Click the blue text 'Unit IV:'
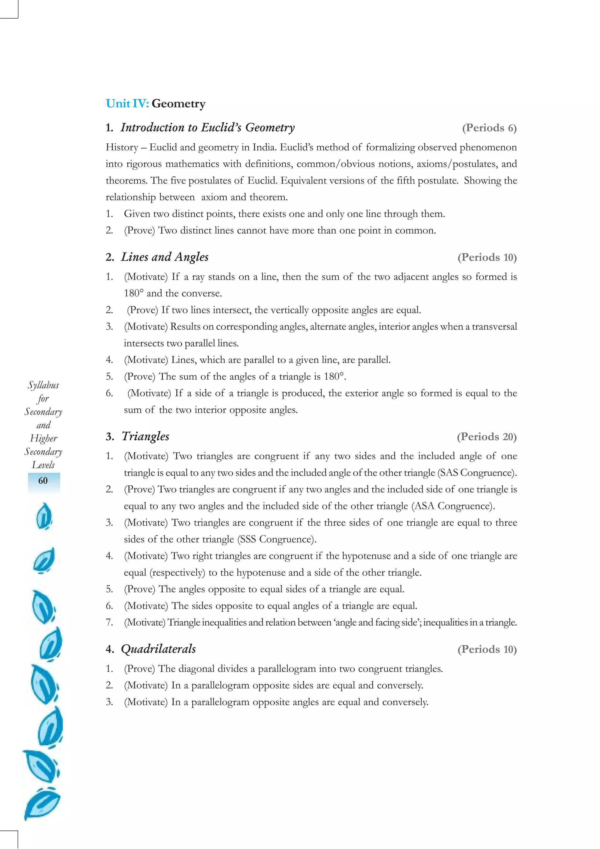[x=127, y=103]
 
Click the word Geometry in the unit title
[x=178, y=104]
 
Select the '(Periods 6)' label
[x=489, y=128]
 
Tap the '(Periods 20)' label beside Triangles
[x=487, y=437]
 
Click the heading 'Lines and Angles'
[x=165, y=257]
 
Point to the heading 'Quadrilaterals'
[x=158, y=649]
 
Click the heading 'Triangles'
[x=145, y=436]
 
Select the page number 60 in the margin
[x=43, y=481]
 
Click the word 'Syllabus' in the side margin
[x=43, y=385]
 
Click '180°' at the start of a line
[x=134, y=294]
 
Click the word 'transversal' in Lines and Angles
[x=494, y=327]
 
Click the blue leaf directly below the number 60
[x=44, y=516]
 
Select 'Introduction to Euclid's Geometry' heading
[x=207, y=127]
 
